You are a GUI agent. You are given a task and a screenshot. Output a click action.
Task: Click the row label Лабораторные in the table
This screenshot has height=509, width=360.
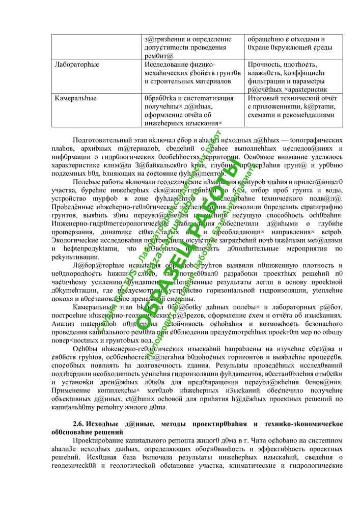click(x=77, y=65)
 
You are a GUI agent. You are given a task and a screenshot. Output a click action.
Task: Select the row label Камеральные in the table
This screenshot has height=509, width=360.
click(x=76, y=98)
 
